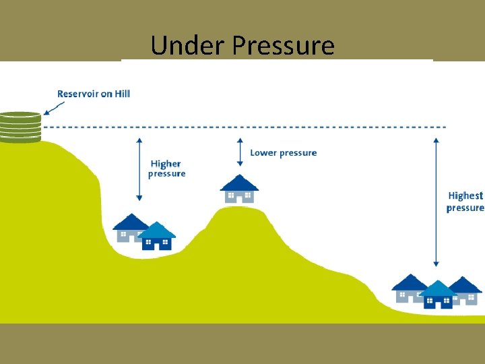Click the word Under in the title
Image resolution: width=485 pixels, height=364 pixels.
click(x=188, y=46)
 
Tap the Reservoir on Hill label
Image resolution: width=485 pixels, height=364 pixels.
click(x=94, y=94)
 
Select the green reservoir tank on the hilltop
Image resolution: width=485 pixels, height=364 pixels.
click(x=20, y=127)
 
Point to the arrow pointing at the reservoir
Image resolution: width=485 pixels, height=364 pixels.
click(x=54, y=107)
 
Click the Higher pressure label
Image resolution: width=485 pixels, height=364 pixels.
click(x=166, y=169)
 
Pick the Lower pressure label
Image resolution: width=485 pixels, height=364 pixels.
click(x=283, y=153)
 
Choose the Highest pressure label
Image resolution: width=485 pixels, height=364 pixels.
click(x=465, y=202)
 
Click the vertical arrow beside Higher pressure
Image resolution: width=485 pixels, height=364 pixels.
click(x=139, y=169)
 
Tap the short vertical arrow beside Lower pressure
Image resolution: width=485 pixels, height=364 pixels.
click(x=240, y=152)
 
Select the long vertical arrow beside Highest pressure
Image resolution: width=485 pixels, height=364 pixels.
click(x=437, y=202)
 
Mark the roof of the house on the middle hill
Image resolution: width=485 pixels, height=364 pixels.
click(x=239, y=183)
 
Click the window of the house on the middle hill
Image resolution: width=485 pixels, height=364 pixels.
click(x=231, y=196)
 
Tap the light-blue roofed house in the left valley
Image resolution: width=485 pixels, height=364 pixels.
click(x=157, y=236)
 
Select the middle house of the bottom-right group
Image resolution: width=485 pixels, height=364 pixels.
click(x=438, y=295)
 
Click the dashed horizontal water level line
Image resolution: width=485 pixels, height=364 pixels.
click(x=243, y=127)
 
